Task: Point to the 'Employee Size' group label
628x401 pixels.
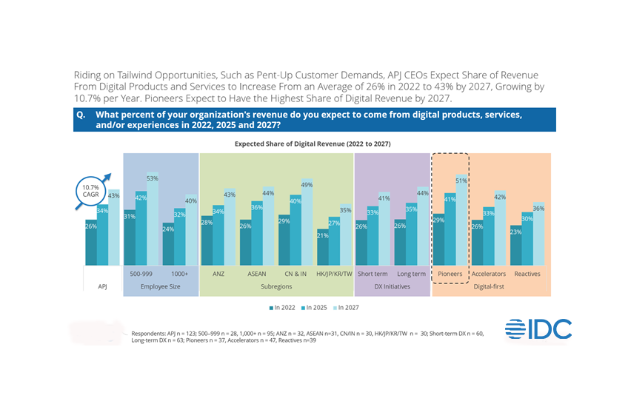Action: (160, 286)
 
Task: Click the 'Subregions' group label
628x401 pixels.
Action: (276, 286)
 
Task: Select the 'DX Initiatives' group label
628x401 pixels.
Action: (392, 286)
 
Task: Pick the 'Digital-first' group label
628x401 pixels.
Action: (490, 286)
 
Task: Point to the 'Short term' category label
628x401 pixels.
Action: (372, 273)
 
